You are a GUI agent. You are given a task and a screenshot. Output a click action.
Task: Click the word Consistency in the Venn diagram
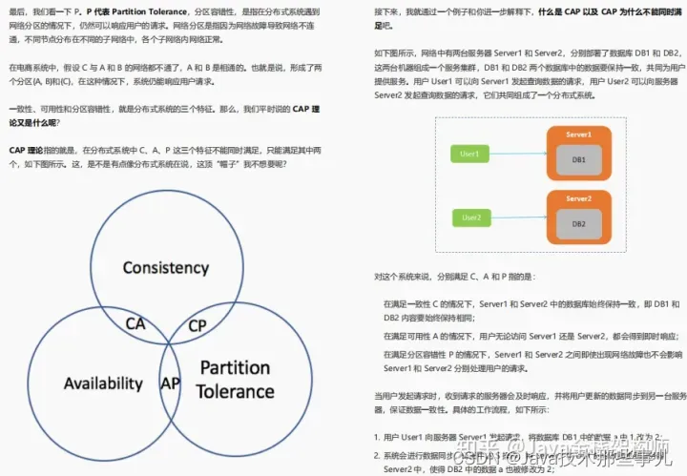165,267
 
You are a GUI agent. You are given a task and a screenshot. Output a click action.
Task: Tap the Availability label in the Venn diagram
103,383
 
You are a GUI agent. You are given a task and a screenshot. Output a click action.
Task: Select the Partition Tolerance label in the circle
235,379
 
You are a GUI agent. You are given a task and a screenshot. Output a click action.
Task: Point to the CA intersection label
135,323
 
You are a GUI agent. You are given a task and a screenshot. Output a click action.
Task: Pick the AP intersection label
171,383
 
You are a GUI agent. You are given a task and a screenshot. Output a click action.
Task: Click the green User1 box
469,154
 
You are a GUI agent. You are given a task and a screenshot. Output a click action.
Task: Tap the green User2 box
469,218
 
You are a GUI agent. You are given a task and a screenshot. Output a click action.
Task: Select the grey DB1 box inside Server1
578,159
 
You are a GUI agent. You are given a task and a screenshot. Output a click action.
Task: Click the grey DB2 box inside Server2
578,223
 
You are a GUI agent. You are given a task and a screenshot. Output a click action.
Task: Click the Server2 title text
578,199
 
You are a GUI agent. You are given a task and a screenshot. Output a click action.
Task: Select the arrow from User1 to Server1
517,154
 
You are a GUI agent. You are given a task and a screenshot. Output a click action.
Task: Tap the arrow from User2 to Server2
517,218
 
